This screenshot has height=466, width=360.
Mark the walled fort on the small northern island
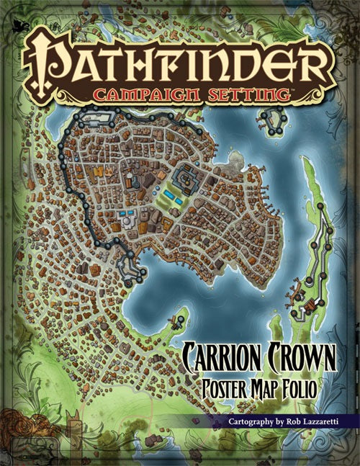pos(273,122)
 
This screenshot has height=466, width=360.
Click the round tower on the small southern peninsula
pos(180,318)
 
